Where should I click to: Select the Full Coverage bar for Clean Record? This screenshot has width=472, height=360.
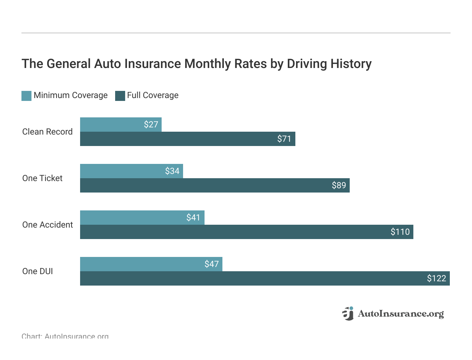click(179, 139)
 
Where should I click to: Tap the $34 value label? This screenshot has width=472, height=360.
click(172, 171)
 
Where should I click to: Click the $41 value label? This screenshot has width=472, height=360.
click(193, 218)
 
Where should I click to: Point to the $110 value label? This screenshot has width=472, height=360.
click(400, 232)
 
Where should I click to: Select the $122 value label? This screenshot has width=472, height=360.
click(436, 278)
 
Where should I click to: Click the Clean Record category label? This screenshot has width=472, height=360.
click(47, 132)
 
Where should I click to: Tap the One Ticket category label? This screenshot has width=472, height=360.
click(42, 178)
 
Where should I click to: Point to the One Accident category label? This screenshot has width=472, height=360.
click(48, 225)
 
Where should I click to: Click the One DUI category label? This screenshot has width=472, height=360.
click(38, 271)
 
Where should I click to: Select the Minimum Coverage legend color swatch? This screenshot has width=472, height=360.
click(26, 96)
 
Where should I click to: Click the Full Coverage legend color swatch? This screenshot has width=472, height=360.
click(120, 96)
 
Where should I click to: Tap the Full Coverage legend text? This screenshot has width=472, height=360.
click(153, 95)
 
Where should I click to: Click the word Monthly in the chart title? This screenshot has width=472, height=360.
click(207, 64)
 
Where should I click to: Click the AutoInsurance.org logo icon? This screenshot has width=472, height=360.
click(348, 313)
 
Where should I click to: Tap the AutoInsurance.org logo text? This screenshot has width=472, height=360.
click(400, 314)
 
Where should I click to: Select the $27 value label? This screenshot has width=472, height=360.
click(151, 125)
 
